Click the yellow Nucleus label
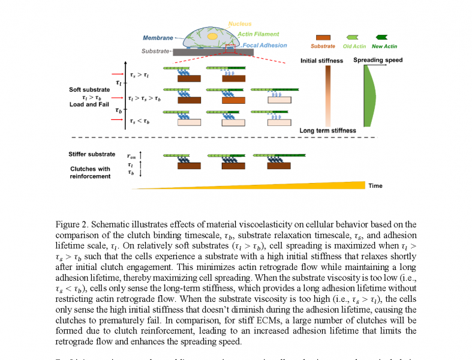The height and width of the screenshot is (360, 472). click(x=239, y=24)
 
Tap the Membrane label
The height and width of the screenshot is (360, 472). click(x=158, y=38)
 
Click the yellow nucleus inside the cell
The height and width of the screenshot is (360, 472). click(x=211, y=37)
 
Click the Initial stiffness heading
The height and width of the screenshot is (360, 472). click(x=321, y=61)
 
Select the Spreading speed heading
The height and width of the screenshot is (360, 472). click(x=377, y=60)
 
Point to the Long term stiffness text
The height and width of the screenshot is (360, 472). click(x=327, y=130)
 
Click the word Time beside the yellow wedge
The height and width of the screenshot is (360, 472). click(x=375, y=186)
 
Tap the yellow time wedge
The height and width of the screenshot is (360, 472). click(x=312, y=185)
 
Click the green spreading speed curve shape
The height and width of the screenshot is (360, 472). click(x=370, y=95)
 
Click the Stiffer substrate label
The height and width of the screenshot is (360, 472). click(x=91, y=154)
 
